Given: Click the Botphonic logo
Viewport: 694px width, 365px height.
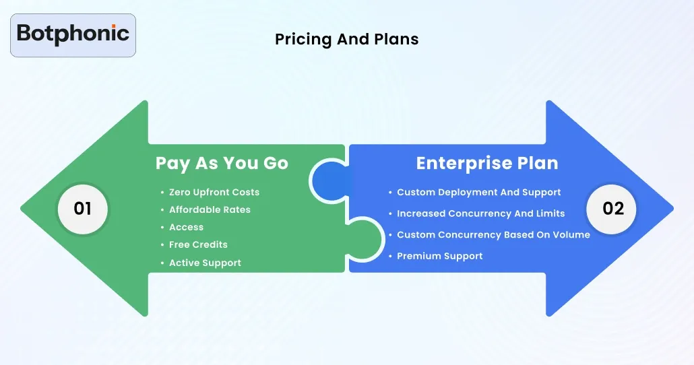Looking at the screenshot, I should (73, 34).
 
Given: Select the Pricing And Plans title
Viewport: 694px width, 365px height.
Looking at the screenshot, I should (346, 40).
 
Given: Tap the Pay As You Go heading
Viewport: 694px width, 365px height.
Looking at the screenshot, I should (222, 164).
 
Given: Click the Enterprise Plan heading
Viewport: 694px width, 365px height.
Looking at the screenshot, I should (486, 164).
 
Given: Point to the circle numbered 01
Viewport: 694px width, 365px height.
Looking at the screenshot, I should (82, 209).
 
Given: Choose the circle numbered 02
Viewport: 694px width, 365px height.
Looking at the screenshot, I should (612, 209).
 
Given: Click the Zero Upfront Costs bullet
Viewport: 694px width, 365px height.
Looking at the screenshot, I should (214, 193).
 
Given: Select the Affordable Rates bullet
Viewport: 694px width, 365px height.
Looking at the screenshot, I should (210, 210).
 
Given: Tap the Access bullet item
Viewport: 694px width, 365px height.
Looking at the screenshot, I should (186, 228).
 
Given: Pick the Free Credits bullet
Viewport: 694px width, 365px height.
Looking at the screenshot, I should (198, 245).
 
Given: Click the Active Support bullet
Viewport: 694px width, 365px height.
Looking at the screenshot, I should (205, 263).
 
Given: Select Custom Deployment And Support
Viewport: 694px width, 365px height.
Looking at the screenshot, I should (478, 193).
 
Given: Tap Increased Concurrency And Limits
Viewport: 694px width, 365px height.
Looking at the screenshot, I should (480, 213).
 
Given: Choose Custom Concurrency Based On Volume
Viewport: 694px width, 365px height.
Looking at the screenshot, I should (493, 235).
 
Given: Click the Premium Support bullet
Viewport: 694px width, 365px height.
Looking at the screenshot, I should (439, 257).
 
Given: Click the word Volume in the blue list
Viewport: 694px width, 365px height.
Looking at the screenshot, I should (571, 235).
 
